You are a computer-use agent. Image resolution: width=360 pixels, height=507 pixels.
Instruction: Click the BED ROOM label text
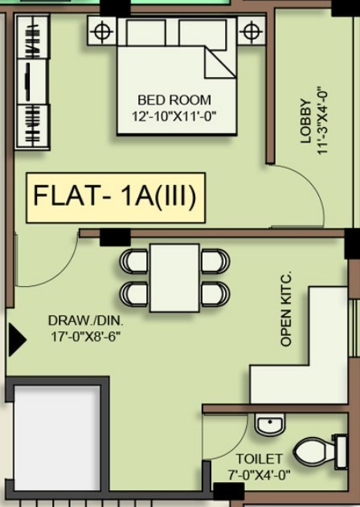click(x=174, y=100)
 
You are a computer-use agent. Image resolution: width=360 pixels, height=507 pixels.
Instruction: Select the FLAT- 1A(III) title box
click(x=116, y=197)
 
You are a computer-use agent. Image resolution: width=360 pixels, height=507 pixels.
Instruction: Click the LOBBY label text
click(x=305, y=121)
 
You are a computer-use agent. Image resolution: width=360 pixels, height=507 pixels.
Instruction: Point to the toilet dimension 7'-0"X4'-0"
click(x=259, y=474)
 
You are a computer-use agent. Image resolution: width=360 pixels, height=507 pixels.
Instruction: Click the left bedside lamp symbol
click(x=100, y=32)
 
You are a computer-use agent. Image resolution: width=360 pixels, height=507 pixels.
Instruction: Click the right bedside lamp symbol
click(x=252, y=32)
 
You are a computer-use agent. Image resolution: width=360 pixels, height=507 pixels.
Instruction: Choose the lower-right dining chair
click(x=215, y=292)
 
